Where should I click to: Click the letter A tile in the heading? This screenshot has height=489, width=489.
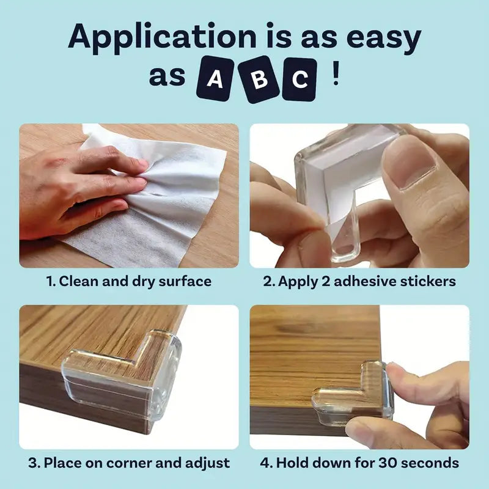(x=216, y=80)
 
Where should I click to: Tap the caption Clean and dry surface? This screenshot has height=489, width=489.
(x=129, y=282)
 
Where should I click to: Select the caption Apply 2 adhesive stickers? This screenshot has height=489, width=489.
(x=359, y=282)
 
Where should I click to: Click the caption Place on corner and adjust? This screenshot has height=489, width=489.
(x=129, y=463)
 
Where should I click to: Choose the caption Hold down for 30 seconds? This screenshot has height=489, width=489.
(x=359, y=463)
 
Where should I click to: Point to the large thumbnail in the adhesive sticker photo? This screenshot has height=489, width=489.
(x=408, y=160)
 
